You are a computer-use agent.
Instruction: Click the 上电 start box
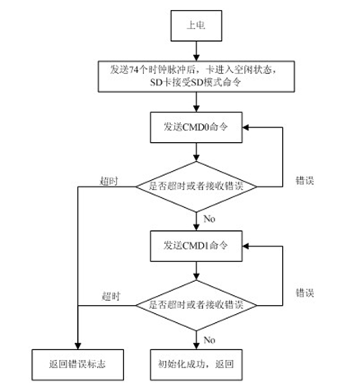pos(196,25)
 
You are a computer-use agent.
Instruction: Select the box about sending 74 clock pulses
pos(196,76)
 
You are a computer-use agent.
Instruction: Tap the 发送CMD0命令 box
pos(196,127)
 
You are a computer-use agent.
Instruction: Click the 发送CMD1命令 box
pos(196,246)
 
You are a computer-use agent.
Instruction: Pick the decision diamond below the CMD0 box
pos(196,187)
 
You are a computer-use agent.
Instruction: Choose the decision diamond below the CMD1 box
pos(196,306)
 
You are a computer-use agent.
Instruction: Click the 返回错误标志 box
pos(77,365)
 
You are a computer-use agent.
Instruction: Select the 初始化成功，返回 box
pos(196,365)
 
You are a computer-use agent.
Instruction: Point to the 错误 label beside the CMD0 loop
pos(305,181)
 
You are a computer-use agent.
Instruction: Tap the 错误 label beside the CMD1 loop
pos(305,293)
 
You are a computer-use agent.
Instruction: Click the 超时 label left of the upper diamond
pos(109,181)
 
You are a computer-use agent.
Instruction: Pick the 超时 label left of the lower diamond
pos(111,297)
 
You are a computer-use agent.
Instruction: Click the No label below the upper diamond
pos(210,219)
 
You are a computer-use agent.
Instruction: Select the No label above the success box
pos(210,340)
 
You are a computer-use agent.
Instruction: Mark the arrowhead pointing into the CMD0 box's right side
pos(246,127)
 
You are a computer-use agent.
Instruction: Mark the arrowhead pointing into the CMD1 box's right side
pos(246,246)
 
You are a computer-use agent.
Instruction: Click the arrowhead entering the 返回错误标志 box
pos(78,346)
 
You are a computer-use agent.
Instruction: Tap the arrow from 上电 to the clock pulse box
pos(196,51)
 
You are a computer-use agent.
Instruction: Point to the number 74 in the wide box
pos(132,70)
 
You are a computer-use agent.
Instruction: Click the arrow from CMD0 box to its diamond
pos(196,152)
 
